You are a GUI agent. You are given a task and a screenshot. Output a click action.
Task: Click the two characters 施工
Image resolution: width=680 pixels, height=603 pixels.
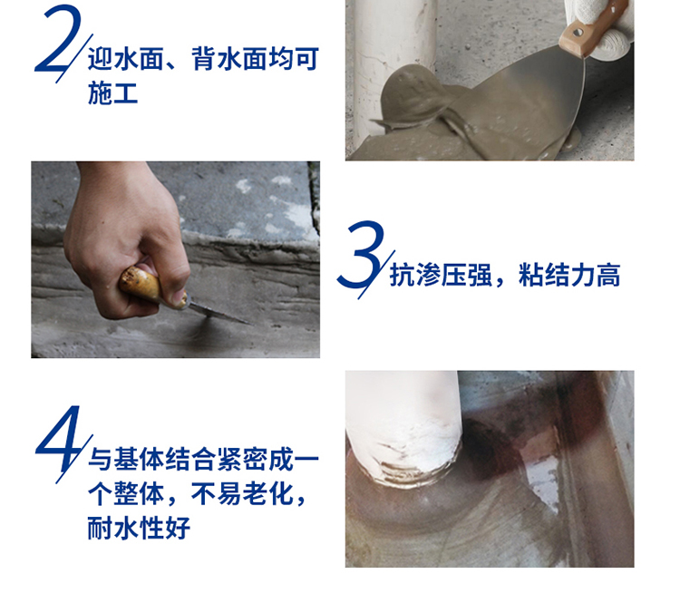(x=113, y=92)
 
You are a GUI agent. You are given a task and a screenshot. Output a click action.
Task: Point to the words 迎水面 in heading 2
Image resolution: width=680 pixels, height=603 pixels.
(x=126, y=59)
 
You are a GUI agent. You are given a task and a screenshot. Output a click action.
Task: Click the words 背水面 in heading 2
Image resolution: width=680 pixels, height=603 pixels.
(x=229, y=59)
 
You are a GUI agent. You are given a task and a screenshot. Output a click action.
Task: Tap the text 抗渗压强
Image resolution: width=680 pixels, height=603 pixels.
(x=441, y=275)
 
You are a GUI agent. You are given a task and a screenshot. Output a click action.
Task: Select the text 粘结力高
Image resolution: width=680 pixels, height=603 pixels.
(x=569, y=275)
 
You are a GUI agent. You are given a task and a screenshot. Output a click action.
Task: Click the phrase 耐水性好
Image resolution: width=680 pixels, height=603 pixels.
(x=139, y=528)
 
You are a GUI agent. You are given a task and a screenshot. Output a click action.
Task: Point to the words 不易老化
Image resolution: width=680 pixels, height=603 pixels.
(x=242, y=493)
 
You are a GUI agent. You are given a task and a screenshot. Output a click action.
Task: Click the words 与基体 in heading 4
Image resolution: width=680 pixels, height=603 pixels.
(x=126, y=459)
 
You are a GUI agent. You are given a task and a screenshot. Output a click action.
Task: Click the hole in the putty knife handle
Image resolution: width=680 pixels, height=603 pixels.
(x=578, y=33)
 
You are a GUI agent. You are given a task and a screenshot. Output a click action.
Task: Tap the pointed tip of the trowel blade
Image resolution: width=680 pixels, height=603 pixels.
(x=250, y=324)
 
